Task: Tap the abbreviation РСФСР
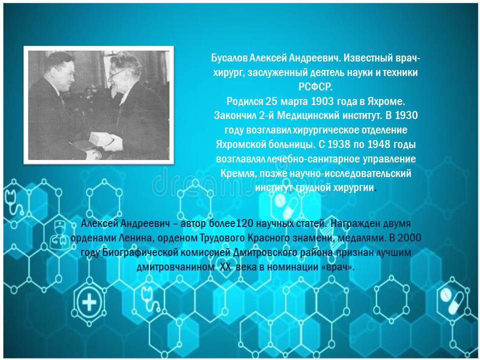tap(315, 87)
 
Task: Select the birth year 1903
tap(322, 101)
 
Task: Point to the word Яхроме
tap(386, 101)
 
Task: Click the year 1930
tap(406, 115)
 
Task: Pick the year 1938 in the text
tap(338, 144)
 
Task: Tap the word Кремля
tap(238, 173)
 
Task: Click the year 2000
tap(409, 238)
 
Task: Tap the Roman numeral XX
tap(225, 267)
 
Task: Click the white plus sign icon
tap(89, 302)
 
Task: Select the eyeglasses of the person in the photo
tap(116, 74)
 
